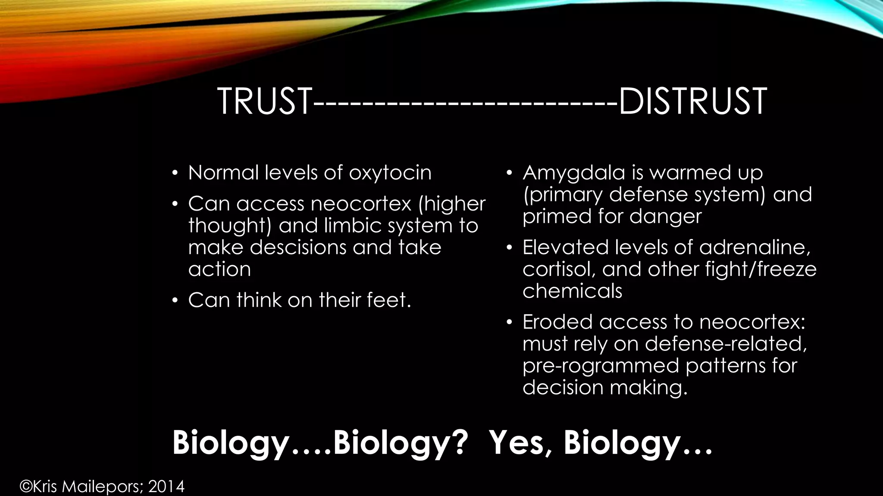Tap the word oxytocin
coord(390,173)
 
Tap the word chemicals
coord(572,291)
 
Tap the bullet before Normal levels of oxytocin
coord(175,174)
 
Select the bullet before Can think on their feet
coord(175,301)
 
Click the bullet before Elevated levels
coord(509,248)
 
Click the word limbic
coord(352,226)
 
